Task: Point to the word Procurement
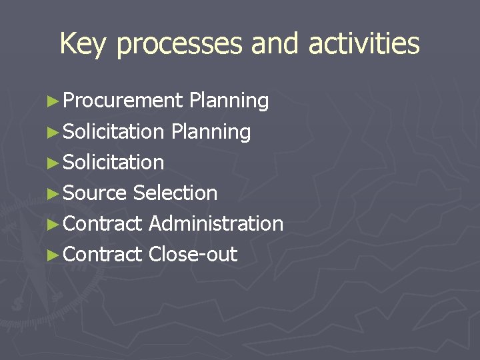coord(123,101)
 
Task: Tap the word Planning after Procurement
coord(229,101)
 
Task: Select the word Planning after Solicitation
coord(211,132)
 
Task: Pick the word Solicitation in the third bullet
coord(114,162)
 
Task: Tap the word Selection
coord(175,193)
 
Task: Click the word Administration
coord(216,223)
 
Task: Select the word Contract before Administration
coord(103,223)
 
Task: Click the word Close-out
coord(193,254)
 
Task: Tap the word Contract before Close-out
coord(103,254)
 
